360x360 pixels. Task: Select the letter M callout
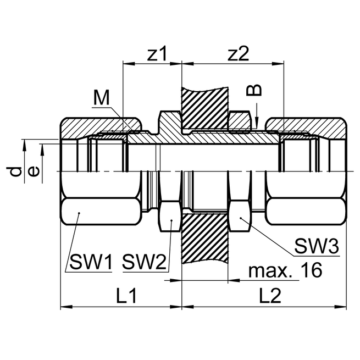(x=101, y=97)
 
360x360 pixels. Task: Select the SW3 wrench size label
(x=316, y=246)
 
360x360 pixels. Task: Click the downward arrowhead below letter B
(x=257, y=126)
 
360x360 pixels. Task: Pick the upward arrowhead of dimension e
(x=43, y=146)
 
